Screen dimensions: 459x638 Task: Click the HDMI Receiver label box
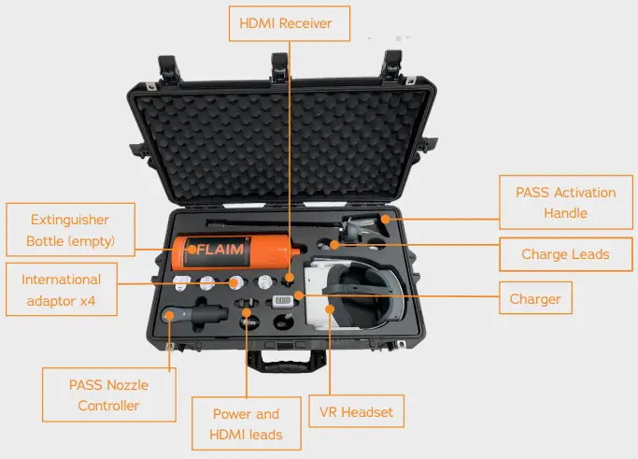pyautogui.click(x=290, y=23)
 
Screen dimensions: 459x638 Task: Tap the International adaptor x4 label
pyautogui.click(x=61, y=290)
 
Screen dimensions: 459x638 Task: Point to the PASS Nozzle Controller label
pyautogui.click(x=109, y=394)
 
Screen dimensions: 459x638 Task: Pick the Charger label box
pyautogui.click(x=535, y=299)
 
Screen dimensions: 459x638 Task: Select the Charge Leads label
pyautogui.click(x=565, y=254)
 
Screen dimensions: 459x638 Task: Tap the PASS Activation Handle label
pyautogui.click(x=565, y=202)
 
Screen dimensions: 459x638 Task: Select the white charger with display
pyautogui.click(x=281, y=302)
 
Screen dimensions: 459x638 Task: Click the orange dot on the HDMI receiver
pyautogui.click(x=290, y=279)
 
